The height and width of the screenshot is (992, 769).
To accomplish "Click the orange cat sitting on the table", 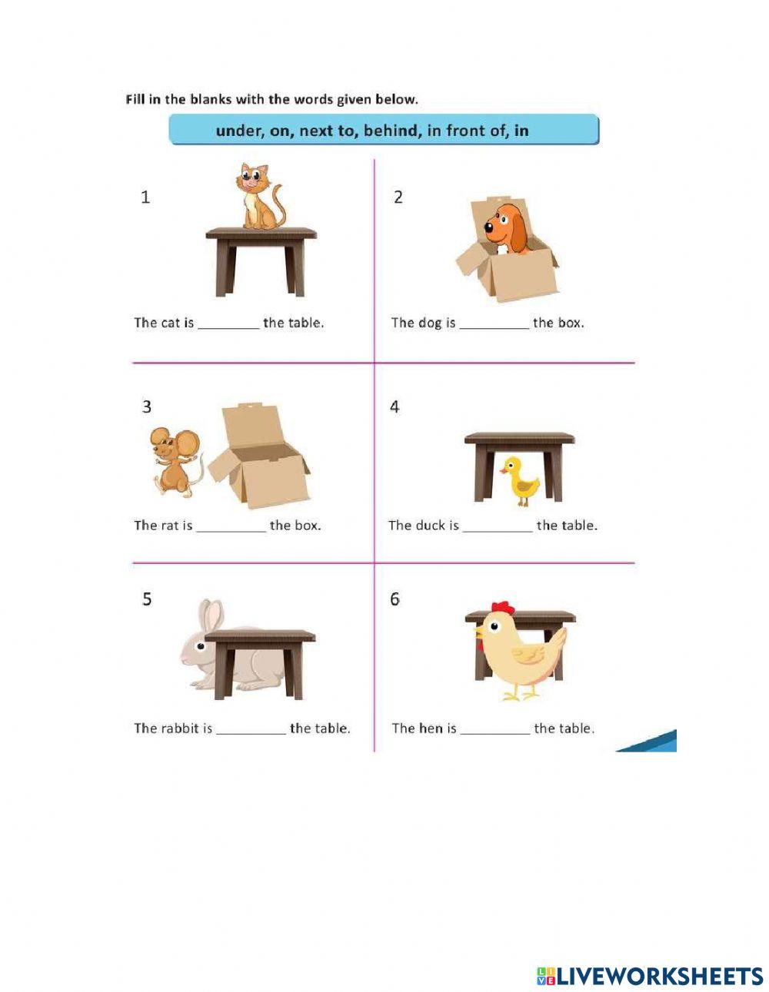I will pyautogui.click(x=259, y=198).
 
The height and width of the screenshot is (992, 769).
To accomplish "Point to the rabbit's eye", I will pyautogui.click(x=200, y=646).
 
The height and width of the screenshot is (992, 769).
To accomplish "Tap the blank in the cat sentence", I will pyautogui.click(x=228, y=323).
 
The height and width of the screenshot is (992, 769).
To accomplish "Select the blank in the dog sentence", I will pyautogui.click(x=494, y=323).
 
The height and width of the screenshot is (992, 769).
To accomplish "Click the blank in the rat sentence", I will pyautogui.click(x=231, y=526).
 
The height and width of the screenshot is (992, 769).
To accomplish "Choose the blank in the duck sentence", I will pyautogui.click(x=497, y=526).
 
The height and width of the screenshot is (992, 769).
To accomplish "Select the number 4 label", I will pyautogui.click(x=394, y=407).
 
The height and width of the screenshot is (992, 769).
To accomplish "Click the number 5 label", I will pyautogui.click(x=147, y=599).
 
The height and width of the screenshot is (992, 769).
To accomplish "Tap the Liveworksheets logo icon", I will pyautogui.click(x=546, y=977).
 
